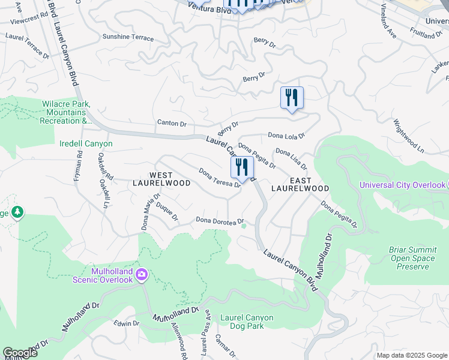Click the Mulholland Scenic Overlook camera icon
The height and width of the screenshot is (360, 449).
(142, 275)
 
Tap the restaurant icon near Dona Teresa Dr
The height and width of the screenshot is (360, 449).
(243, 168)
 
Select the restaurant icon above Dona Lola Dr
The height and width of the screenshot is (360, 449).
(292, 98)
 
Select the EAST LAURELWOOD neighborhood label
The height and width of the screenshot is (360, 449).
(300, 184)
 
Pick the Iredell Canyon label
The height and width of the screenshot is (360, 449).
(86, 144)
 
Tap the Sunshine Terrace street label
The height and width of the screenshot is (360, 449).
(128, 37)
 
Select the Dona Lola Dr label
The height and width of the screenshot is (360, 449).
(286, 136)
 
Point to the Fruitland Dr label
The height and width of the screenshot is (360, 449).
(426, 32)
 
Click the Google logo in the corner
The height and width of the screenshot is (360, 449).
(20, 353)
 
